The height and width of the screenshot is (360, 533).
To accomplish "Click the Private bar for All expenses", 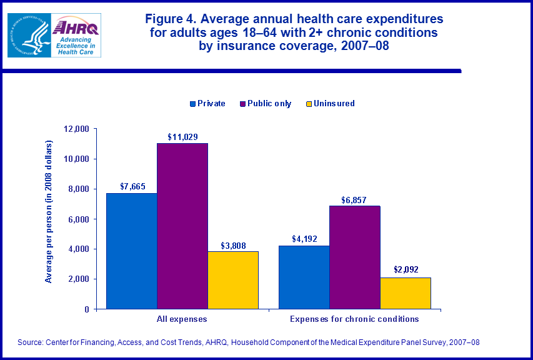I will tap(131, 251).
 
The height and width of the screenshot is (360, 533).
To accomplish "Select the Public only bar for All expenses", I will tap(182, 226).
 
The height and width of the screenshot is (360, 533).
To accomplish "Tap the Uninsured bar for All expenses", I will tap(232, 280).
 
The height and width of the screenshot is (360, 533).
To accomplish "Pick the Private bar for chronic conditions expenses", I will tap(304, 277).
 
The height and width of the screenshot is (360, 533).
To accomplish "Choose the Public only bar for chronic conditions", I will tap(354, 257).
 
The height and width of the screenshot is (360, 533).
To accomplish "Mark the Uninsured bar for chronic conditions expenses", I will tap(405, 293).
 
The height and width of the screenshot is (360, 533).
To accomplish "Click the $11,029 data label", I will tap(182, 136).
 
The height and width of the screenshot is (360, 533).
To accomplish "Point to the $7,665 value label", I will tap(132, 186).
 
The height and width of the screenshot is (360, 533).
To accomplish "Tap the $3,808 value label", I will tap(232, 244).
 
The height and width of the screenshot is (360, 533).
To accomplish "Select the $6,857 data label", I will tap(354, 199).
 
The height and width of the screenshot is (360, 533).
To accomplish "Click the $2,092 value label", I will tap(406, 270).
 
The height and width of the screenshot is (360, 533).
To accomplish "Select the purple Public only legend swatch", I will tap(242, 104).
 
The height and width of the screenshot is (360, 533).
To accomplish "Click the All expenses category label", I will tap(182, 319).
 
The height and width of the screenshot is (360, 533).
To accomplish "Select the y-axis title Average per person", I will tap(49, 212).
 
